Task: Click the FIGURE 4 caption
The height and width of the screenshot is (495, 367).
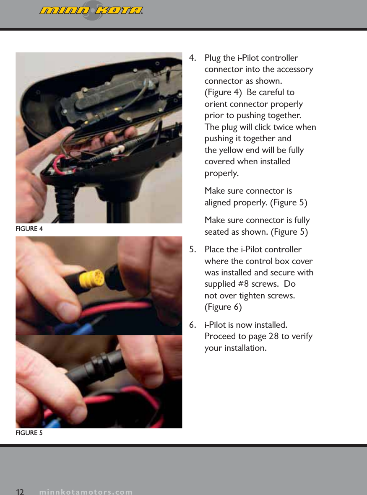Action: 29,229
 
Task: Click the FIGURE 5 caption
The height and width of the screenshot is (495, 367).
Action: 29,433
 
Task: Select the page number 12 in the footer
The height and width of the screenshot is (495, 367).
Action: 20,491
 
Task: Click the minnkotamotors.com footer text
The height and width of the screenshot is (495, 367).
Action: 86,492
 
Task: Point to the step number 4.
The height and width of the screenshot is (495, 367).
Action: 193,58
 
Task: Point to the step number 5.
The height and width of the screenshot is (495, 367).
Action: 193,250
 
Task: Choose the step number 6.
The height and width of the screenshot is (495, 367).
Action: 193,325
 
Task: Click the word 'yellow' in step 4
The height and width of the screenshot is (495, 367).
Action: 230,150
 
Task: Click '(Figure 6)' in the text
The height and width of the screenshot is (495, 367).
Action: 223,307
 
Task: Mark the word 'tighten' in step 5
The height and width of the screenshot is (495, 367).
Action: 252,295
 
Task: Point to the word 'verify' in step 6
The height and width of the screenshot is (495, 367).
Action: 300,337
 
